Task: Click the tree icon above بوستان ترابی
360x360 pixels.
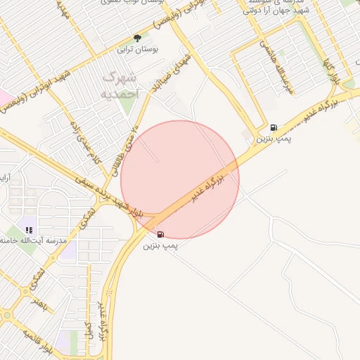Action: click(x=136, y=39)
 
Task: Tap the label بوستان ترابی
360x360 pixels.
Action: click(x=136, y=50)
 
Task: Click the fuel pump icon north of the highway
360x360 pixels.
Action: click(x=273, y=128)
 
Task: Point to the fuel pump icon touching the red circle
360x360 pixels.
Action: click(x=160, y=234)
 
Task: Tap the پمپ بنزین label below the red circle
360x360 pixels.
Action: click(x=161, y=246)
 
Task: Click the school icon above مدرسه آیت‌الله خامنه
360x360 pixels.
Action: click(x=29, y=230)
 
